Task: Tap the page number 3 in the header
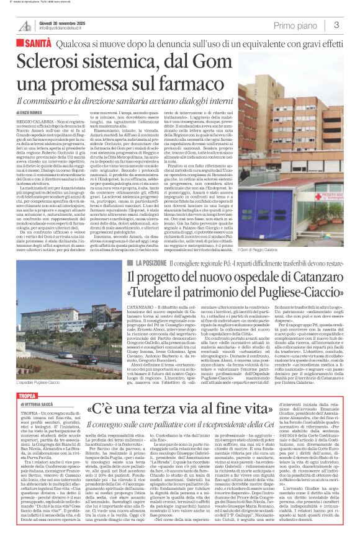point(335,25)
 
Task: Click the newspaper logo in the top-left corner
point(25,25)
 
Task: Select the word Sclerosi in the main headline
point(47,62)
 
